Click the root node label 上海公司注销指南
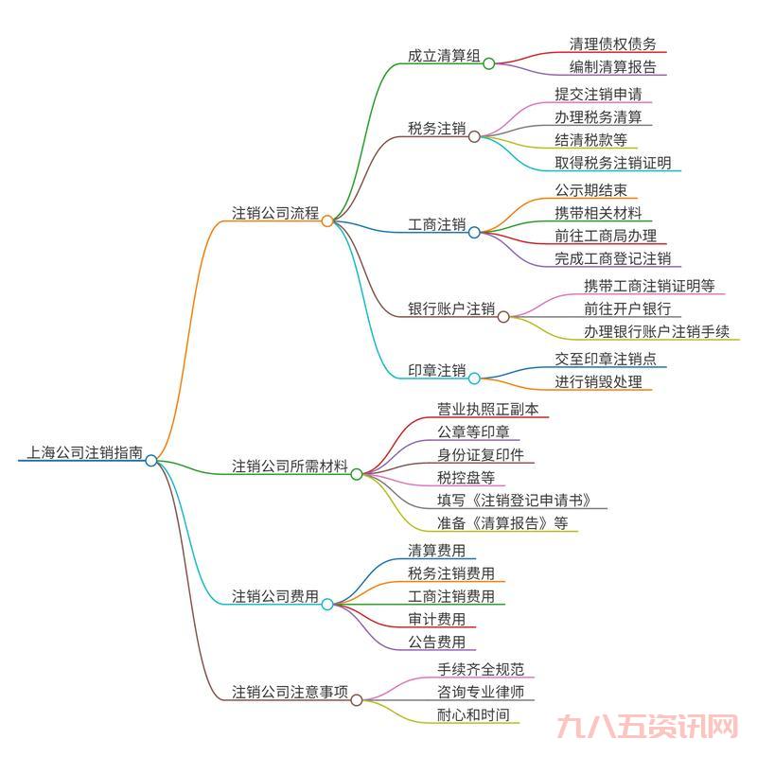point(80,453)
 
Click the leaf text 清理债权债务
point(612,44)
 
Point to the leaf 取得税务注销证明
point(612,163)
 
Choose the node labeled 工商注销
point(436,224)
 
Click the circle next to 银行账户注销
point(503,316)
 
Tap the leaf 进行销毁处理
point(598,382)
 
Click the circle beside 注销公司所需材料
point(357,474)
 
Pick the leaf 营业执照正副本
point(486,409)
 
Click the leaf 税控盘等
point(466,478)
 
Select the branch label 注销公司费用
point(275,596)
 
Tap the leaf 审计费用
point(436,620)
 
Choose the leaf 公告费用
point(436,643)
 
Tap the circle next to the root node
point(151,461)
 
